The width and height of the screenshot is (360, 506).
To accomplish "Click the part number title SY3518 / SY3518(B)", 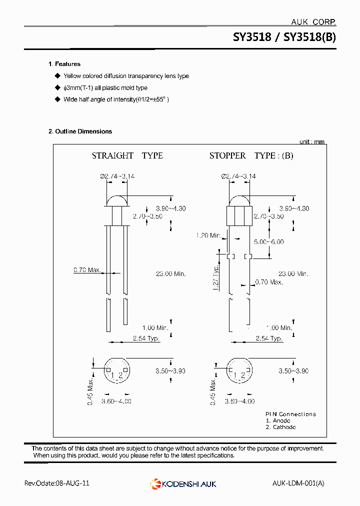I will [284, 37].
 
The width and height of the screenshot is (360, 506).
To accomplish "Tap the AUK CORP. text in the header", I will [313, 22].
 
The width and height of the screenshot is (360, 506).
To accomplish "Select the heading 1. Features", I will [64, 64].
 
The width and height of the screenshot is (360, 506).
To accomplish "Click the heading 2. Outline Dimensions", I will [80, 131].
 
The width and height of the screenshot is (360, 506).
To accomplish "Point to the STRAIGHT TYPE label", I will [127, 156].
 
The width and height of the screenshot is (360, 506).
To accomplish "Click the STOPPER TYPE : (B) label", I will [251, 156].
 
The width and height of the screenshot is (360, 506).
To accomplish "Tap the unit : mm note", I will [312, 142].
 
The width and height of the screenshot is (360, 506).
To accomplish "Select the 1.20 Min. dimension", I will [208, 235].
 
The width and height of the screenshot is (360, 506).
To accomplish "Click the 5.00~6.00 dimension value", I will [268, 241].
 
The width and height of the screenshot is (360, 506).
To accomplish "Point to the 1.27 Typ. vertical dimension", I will [216, 278].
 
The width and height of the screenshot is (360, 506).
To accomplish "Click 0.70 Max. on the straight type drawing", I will [87, 270].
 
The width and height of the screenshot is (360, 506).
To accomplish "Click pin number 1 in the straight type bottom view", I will [113, 375].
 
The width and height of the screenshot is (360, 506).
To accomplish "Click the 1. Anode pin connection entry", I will [278, 420].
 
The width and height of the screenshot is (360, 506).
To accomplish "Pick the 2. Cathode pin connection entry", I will [280, 427].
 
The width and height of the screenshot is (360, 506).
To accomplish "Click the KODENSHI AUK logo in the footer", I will [183, 483].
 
